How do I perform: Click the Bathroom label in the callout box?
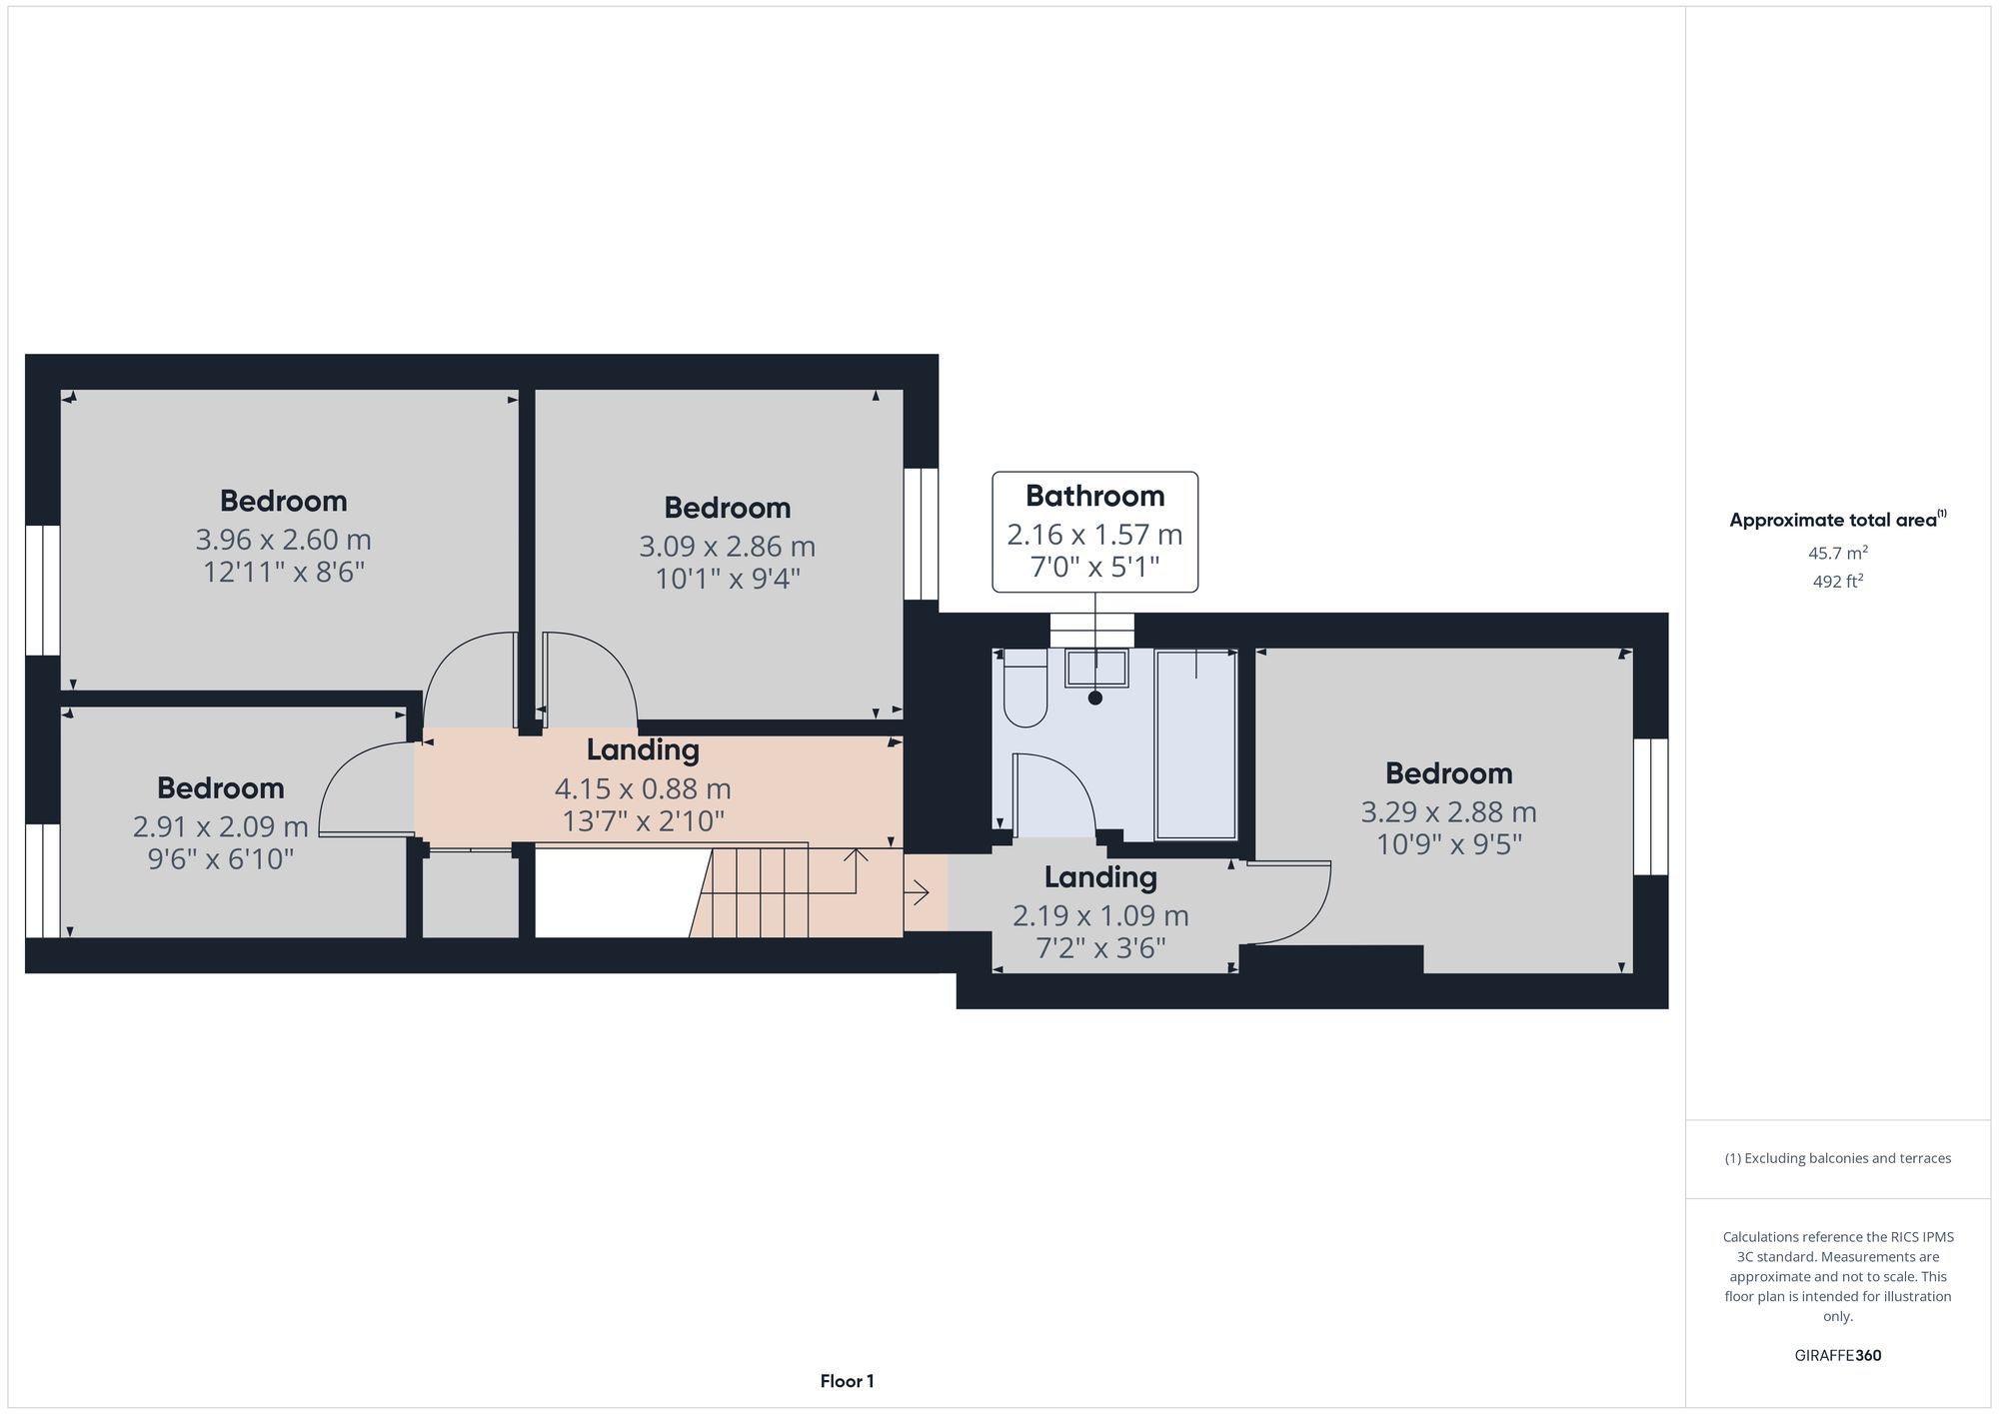coord(1094,496)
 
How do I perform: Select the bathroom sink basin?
coord(1096,668)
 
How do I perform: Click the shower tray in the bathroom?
coord(1195,744)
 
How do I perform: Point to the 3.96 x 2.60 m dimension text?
coord(283,540)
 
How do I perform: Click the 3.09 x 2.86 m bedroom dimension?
coord(727,547)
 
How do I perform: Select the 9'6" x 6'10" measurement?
coord(221,858)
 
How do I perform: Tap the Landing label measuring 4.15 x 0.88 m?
coord(642,749)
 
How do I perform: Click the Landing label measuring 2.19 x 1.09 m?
coord(1100,877)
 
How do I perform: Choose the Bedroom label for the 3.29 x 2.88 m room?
coord(1448,773)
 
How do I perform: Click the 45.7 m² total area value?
coord(1837,553)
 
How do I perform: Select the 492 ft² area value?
coord(1837,582)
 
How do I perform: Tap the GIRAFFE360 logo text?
coord(1837,1355)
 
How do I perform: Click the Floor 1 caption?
coord(847,1381)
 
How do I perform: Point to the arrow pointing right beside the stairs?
coord(918,892)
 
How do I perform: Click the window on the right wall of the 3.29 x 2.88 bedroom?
coord(1650,806)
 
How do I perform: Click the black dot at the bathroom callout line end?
coord(1095,699)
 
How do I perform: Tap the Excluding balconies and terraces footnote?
coord(1837,1158)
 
